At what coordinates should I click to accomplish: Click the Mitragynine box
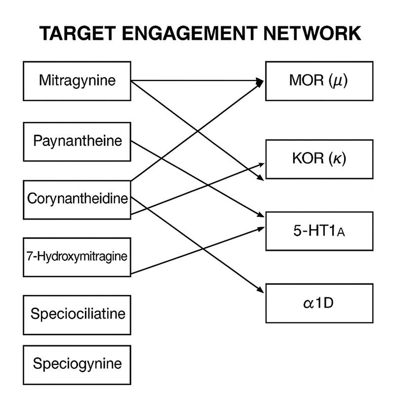pos(77,80)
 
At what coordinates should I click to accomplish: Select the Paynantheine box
pos(77,141)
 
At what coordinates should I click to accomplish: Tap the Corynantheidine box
pos(77,199)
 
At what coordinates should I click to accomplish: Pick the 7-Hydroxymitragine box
pos(77,256)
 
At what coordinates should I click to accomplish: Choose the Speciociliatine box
pos(77,314)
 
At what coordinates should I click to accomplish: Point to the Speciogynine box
pos(77,364)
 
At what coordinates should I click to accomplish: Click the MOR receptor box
pos(319,80)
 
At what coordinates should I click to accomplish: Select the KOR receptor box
pos(319,159)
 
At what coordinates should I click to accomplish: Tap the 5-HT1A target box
pos(319,231)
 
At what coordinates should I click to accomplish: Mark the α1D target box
pos(319,303)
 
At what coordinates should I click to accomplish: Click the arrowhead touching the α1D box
pos(262,293)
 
